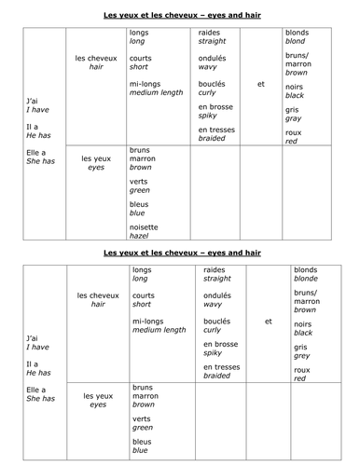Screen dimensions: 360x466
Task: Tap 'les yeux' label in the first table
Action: tap(97, 158)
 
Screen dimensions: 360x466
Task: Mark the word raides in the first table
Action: tap(211, 34)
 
